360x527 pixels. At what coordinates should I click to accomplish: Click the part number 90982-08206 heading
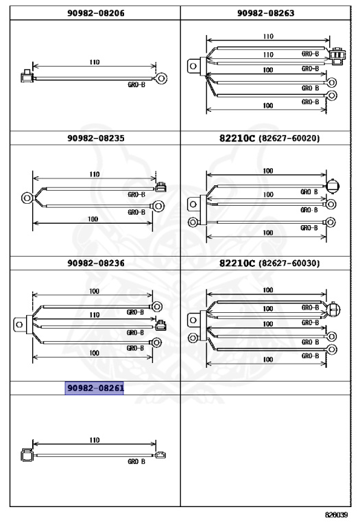[x=96, y=13]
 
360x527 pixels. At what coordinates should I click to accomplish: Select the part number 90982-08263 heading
[x=265, y=13]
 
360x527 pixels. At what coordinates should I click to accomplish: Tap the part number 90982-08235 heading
[x=96, y=138]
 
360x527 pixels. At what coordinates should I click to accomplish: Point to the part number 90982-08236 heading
[x=96, y=263]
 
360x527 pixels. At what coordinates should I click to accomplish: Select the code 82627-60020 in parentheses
[x=289, y=138]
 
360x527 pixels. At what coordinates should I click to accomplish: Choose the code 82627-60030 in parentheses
[x=289, y=263]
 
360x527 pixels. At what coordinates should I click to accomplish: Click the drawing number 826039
[x=336, y=515]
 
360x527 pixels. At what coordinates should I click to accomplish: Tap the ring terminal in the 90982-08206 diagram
[x=161, y=79]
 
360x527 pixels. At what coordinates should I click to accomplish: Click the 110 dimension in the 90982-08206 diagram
[x=95, y=62]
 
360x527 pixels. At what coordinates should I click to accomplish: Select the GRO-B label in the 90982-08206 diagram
[x=136, y=84]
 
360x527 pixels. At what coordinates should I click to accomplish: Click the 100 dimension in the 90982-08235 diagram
[x=93, y=219]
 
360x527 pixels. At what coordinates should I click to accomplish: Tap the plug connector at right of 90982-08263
[x=337, y=56]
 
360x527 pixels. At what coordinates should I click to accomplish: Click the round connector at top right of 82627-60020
[x=332, y=186]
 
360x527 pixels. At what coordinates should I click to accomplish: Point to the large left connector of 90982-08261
[x=27, y=455]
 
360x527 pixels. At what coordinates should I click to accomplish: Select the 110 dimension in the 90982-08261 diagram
[x=95, y=441]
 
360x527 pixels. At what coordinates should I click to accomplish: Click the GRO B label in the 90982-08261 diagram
[x=136, y=461]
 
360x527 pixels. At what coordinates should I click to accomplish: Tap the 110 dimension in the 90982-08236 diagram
[x=95, y=315]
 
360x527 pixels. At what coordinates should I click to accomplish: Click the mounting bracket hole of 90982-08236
[x=19, y=325]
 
